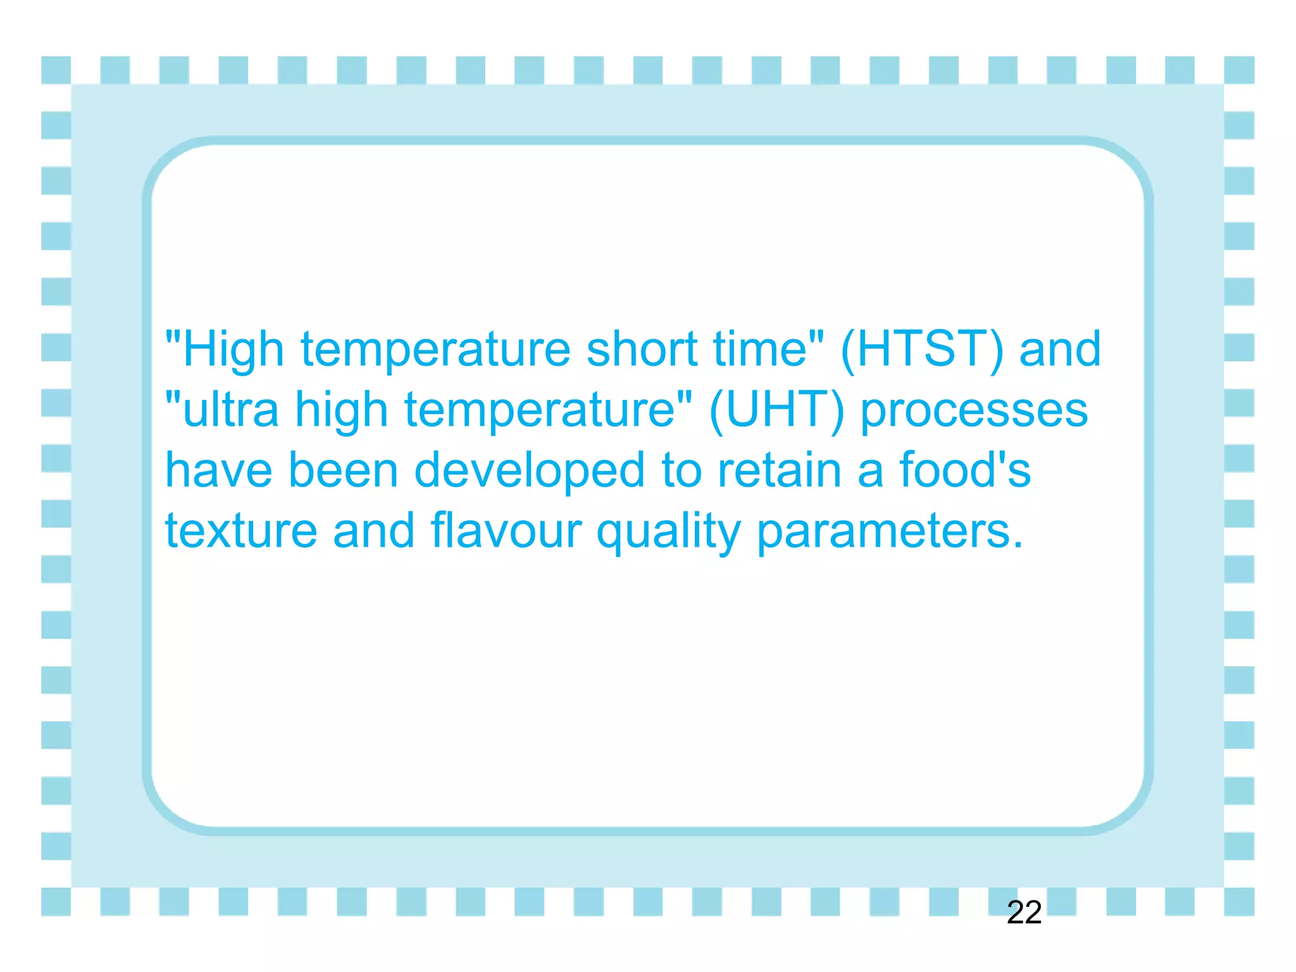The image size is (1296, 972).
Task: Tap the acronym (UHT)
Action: point(776,409)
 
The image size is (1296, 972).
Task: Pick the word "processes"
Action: point(975,411)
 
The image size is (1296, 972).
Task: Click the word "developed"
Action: point(529,470)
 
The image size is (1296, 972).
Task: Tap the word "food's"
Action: point(964,470)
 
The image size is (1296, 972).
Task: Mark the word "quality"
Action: point(668,532)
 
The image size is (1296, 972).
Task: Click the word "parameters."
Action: point(890,532)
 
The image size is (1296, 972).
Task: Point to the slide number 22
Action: point(1024,913)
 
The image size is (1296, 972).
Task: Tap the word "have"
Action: point(219,470)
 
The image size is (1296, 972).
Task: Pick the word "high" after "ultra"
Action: point(341,411)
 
